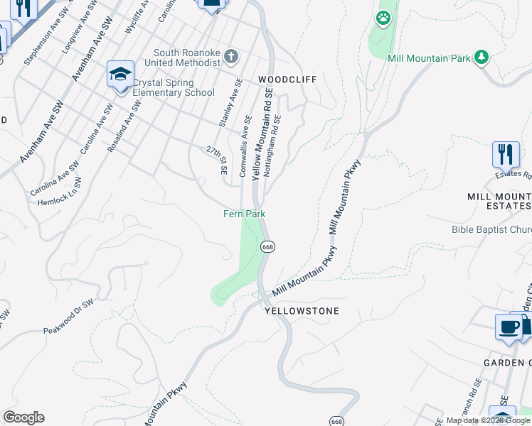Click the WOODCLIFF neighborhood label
tap(287, 80)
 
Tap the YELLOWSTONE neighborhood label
tap(302, 311)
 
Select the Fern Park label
tap(245, 214)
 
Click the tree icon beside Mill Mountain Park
tap(482, 57)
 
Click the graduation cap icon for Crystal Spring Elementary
tap(120, 74)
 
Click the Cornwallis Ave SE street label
tap(246, 146)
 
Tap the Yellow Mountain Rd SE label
tap(262, 134)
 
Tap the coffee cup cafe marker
tap(508, 327)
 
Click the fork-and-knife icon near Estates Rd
tap(506, 153)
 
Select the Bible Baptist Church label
tap(491, 229)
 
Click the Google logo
tap(23, 417)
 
